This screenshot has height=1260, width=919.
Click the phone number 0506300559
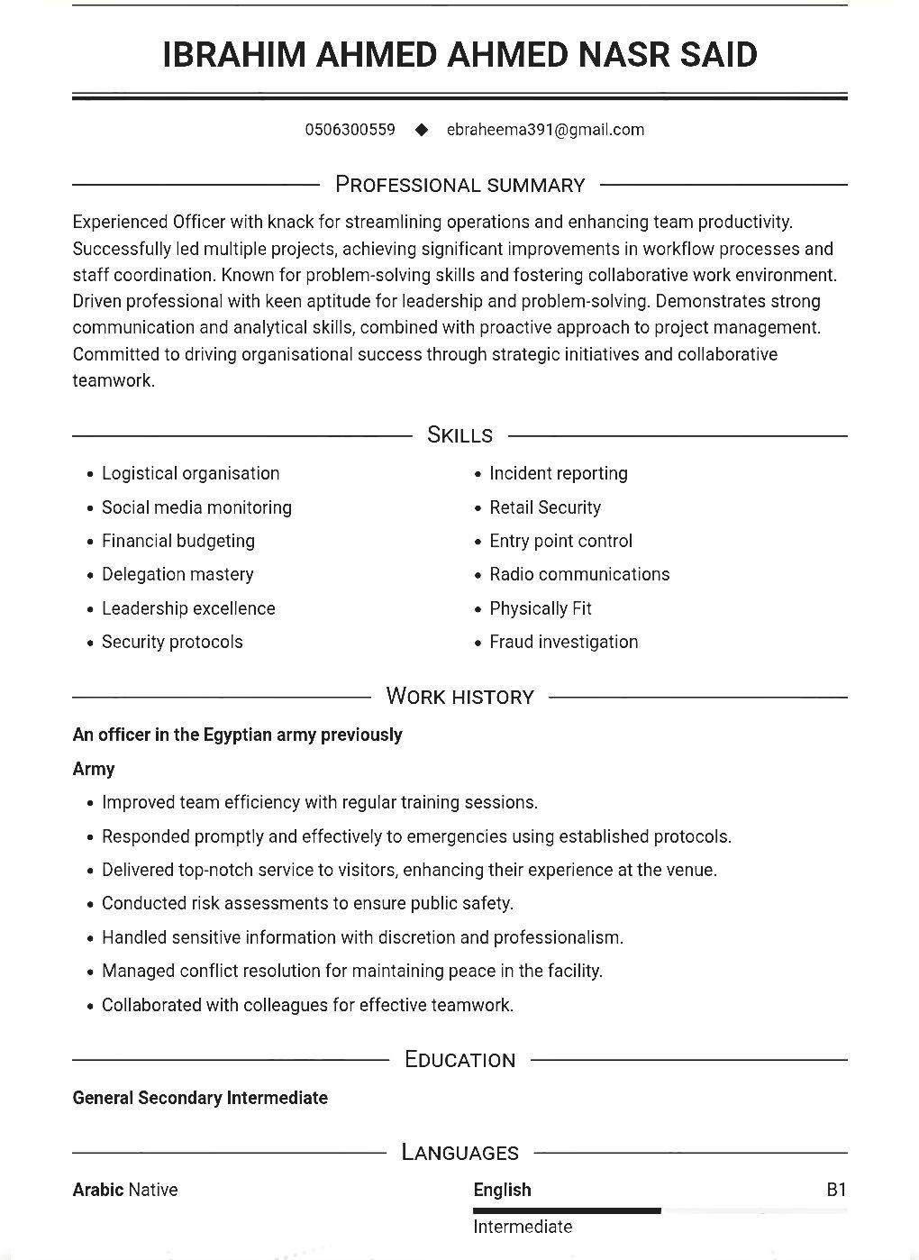coord(350,130)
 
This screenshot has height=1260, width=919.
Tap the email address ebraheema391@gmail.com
coord(545,130)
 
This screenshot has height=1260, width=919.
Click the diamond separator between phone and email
coord(421,130)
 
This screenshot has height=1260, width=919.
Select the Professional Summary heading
coord(459,185)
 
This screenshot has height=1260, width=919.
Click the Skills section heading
coord(459,435)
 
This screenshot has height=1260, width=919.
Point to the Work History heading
coord(459,697)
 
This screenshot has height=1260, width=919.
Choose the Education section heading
coord(459,1060)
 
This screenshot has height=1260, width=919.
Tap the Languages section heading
coord(459,1153)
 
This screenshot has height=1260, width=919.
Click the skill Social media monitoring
coord(196,507)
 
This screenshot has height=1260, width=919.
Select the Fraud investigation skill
coord(563,642)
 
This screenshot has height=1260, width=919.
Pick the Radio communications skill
coord(579,574)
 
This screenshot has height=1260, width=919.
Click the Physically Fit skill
coord(540,608)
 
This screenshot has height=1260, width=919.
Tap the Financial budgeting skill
coord(178,541)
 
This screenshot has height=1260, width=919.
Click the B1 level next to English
coord(836,1190)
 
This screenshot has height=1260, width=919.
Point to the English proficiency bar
coord(568,1210)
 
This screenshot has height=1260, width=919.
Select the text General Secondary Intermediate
coord(200,1098)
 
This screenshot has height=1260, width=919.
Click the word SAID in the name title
coord(719,55)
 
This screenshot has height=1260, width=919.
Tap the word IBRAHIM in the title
coord(233,55)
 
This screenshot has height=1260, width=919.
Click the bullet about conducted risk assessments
coord(307,903)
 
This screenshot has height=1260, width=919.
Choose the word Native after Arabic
coord(153,1190)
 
